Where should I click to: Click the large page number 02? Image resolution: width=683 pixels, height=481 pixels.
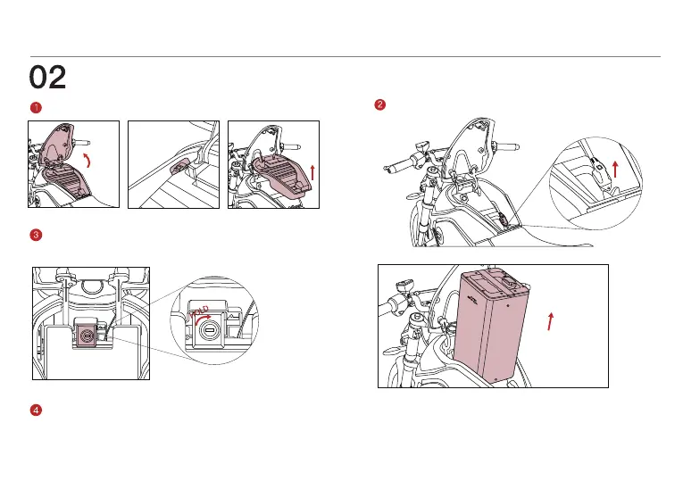[x=47, y=77]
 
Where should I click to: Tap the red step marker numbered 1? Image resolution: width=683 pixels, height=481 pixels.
[x=36, y=107]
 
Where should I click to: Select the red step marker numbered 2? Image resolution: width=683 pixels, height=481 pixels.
[x=379, y=104]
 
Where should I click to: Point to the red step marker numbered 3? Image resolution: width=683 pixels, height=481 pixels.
[x=36, y=235]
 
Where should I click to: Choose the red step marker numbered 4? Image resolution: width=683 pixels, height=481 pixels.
[x=36, y=410]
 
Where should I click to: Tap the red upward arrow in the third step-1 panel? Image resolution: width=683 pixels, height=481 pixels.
[x=312, y=172]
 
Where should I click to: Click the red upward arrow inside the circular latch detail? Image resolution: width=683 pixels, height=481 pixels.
[x=615, y=169]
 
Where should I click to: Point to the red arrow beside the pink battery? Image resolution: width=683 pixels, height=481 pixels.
[x=551, y=321]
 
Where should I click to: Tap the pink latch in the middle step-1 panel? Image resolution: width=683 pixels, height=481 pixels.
[x=180, y=167]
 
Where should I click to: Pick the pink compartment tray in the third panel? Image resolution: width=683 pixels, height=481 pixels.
[x=281, y=173]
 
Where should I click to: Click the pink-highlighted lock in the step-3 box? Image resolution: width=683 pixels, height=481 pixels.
[x=86, y=336]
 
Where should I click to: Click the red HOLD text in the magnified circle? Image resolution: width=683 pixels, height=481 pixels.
[x=199, y=311]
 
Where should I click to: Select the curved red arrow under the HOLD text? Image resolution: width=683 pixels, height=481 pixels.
[x=202, y=319]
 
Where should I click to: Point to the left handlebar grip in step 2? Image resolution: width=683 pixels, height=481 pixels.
[x=399, y=165]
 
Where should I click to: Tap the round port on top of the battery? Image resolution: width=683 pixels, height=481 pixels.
[x=510, y=280]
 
